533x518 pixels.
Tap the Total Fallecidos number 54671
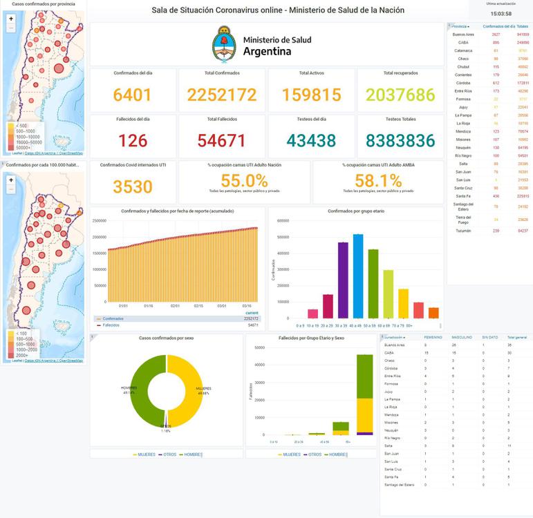(x=221, y=141)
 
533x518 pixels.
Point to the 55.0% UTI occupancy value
(x=244, y=181)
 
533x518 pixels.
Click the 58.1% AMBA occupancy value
(x=378, y=181)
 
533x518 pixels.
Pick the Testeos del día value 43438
(x=311, y=141)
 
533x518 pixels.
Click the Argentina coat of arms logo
(x=224, y=43)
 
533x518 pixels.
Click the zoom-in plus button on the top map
(x=11, y=19)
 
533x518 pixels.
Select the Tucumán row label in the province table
(x=463, y=231)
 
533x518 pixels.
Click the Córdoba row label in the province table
(x=463, y=83)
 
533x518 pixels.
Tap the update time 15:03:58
(x=501, y=14)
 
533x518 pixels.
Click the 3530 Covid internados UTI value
(x=133, y=187)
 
